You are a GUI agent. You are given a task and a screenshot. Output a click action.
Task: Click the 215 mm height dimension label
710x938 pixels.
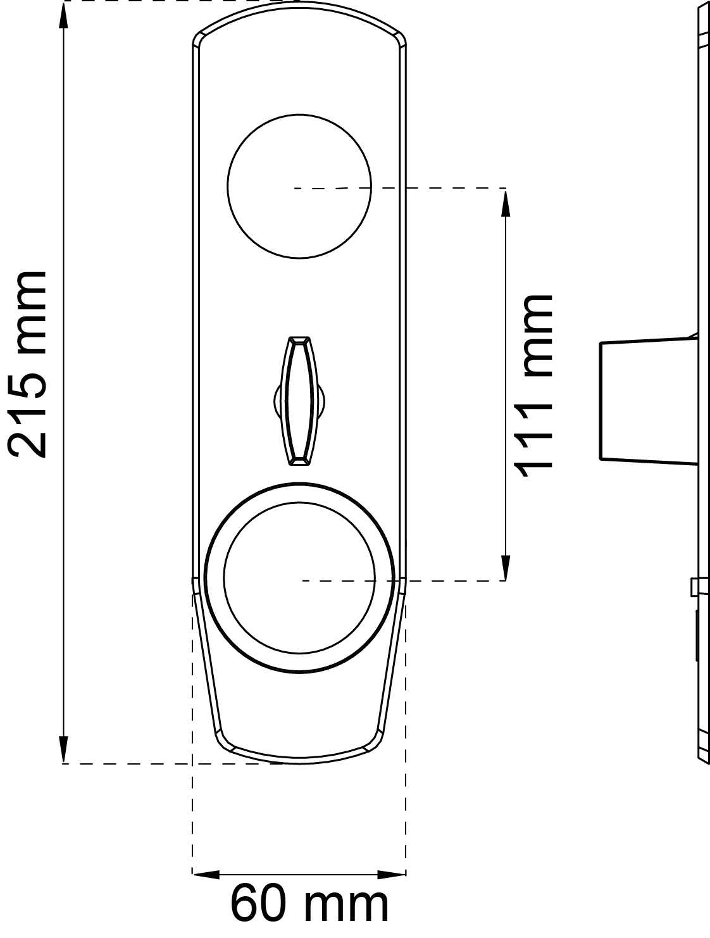point(27,364)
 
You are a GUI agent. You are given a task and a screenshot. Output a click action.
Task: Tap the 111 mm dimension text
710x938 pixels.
point(533,386)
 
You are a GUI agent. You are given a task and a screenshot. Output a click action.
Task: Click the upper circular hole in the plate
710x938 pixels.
point(299,186)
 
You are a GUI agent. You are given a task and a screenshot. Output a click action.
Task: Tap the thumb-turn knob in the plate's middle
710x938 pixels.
point(299,401)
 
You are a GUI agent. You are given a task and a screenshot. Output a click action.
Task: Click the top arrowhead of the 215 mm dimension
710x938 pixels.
point(64,16)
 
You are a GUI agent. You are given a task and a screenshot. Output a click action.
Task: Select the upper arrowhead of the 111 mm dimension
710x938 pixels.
point(506,204)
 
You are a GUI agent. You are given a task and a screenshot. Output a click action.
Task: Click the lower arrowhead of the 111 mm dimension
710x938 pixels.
point(506,567)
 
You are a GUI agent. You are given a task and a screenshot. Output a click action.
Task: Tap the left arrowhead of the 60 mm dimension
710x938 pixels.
point(206,874)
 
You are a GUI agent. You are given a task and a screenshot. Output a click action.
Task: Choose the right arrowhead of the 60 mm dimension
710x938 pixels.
point(391,874)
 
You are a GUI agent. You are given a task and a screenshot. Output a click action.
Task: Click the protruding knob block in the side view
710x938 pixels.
point(649,401)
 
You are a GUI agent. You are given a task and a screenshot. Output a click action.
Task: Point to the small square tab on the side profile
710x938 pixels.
point(695,587)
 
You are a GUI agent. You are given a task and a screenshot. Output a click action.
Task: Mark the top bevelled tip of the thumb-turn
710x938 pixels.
point(299,340)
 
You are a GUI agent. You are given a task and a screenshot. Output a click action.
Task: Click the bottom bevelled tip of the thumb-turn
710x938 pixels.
point(299,461)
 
